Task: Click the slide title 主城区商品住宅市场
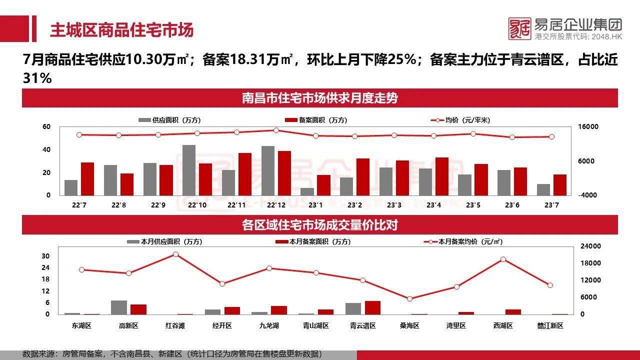click(121, 30)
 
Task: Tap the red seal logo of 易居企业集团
click(519, 29)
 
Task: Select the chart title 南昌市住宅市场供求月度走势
click(319, 98)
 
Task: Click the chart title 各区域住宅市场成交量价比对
click(319, 225)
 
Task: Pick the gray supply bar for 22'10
click(189, 170)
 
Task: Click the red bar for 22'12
click(284, 173)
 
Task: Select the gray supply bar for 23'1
click(307, 191)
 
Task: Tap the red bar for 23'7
click(560, 185)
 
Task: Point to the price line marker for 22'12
click(276, 130)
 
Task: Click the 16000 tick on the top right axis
click(588, 127)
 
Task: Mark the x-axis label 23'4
click(433, 205)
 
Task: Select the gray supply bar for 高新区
click(118, 307)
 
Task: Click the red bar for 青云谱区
click(372, 308)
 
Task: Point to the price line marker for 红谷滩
click(175, 254)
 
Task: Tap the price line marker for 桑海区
click(409, 299)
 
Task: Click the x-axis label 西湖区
click(503, 325)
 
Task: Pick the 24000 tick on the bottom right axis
click(590, 246)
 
